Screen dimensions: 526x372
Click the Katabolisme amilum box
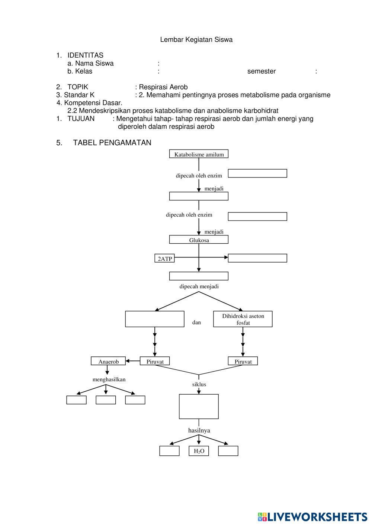coord(199,154)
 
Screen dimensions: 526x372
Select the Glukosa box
coord(199,240)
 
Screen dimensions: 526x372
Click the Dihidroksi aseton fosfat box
coord(243,319)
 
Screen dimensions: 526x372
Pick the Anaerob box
coord(109,361)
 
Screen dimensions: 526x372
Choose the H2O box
coord(199,451)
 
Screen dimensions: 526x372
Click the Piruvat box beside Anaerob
coord(155,361)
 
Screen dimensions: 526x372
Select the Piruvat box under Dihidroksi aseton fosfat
coord(243,361)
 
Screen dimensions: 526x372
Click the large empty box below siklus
coord(199,407)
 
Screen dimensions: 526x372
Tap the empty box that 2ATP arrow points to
coord(257,258)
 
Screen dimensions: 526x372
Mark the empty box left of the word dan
coord(155,319)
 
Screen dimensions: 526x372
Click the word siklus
coord(199,384)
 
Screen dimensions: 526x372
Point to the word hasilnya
coord(199,430)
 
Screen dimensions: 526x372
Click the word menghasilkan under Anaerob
coord(109,379)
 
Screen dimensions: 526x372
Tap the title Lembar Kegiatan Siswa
coord(196,40)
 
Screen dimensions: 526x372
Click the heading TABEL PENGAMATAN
coord(112,143)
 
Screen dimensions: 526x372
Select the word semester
coord(262,71)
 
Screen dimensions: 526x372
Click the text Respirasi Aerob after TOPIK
coord(163,87)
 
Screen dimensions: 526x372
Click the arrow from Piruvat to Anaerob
coord(133,361)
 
